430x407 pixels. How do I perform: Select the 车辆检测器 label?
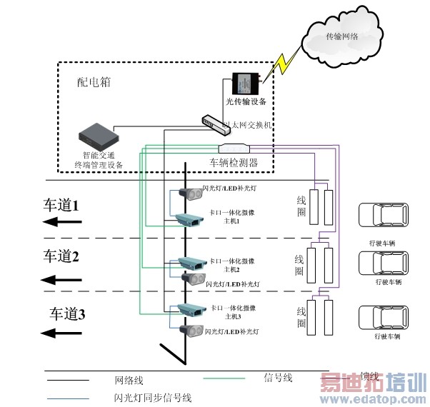pos(234,163)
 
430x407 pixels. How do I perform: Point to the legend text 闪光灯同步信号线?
pos(152,398)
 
